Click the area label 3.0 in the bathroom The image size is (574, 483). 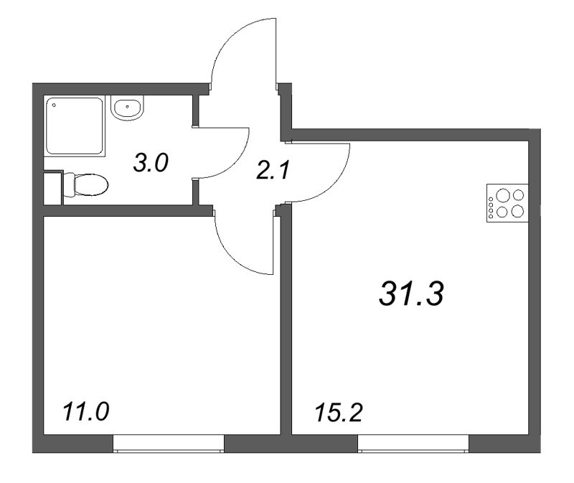(x=151, y=163)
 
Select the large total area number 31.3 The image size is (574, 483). (x=412, y=293)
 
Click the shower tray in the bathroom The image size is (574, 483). (x=75, y=126)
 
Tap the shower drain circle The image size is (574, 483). (x=52, y=104)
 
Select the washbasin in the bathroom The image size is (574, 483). (x=128, y=109)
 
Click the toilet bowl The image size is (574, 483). (x=93, y=186)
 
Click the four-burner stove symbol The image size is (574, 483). (x=507, y=202)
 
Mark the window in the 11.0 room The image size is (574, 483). (x=169, y=444)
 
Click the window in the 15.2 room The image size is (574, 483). (x=413, y=444)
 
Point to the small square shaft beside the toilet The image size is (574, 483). (x=52, y=187)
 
